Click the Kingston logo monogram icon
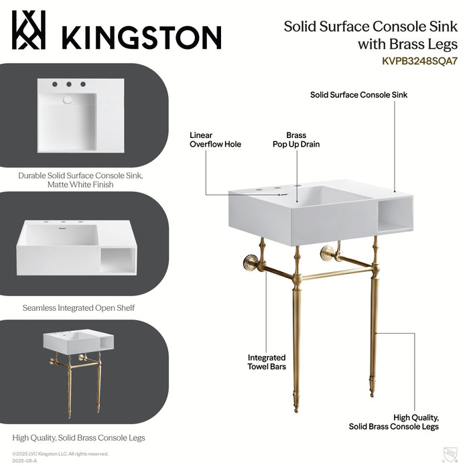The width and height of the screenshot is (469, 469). [x=28, y=31]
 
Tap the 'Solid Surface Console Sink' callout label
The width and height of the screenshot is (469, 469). [x=358, y=95]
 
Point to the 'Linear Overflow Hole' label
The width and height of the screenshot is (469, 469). [x=215, y=139]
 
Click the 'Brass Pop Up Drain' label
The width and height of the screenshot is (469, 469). [x=295, y=139]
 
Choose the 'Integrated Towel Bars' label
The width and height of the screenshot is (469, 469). [x=267, y=362]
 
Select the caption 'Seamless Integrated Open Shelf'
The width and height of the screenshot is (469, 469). [x=78, y=308]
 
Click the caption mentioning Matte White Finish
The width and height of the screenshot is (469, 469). [x=80, y=180]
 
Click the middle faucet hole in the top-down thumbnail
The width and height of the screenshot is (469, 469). [x=68, y=84]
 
